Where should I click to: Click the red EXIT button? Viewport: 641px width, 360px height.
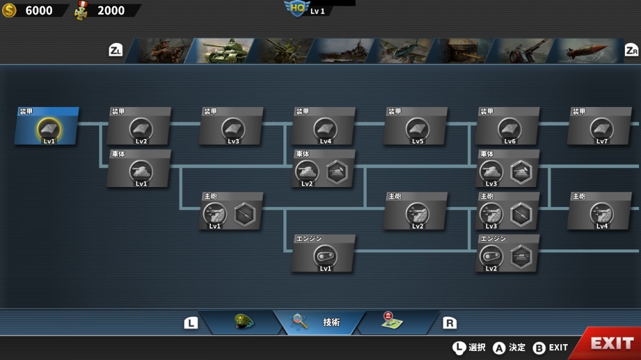pos(609,343)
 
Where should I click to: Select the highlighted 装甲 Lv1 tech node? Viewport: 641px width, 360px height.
pos(47,126)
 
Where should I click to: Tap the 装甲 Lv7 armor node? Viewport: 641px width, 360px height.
pos(600,126)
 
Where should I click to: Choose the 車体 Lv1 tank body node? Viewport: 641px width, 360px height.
pos(139,168)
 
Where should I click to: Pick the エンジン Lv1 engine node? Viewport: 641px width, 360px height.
pos(323,254)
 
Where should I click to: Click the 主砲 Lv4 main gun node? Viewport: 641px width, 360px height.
pos(600,211)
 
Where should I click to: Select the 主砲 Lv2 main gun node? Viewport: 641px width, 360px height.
pos(415,211)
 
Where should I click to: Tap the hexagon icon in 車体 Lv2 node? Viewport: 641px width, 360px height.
pos(337,172)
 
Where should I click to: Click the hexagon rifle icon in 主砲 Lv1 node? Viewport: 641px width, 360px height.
pos(244,215)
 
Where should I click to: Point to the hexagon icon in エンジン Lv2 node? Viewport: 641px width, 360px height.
pos(521,257)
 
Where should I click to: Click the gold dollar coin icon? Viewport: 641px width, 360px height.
pos(9,10)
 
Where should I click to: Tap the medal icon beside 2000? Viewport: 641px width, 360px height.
pos(81,11)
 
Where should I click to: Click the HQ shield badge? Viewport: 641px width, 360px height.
pos(297,8)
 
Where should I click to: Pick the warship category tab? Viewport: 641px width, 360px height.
pos(342,51)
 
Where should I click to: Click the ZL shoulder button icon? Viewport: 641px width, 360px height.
pos(115,50)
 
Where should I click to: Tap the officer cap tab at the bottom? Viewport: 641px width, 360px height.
pos(244,322)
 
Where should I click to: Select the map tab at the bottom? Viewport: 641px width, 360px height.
pos(392,322)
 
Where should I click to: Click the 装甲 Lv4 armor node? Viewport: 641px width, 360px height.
pos(323,126)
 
